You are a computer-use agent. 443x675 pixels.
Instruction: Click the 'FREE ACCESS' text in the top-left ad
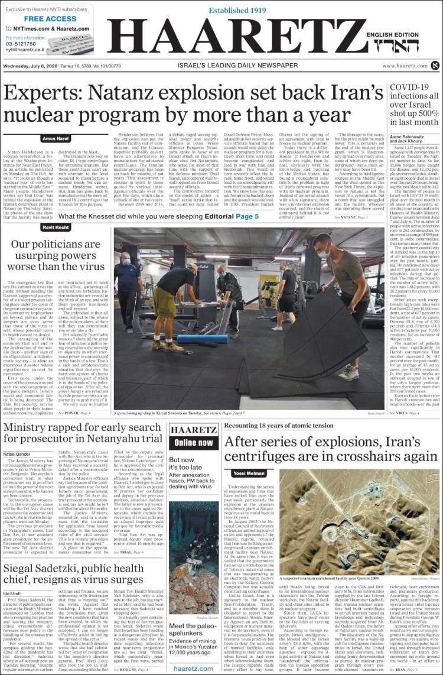[42, 19]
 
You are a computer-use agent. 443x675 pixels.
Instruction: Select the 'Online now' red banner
[194, 442]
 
